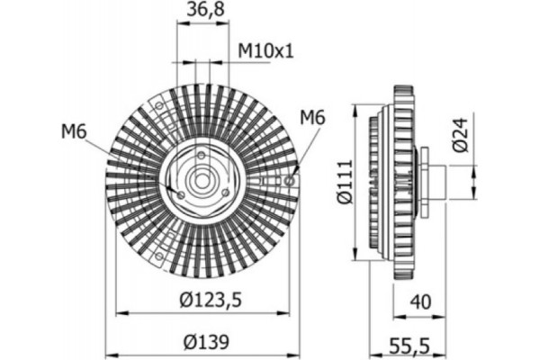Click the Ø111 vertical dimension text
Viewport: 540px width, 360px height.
point(343,184)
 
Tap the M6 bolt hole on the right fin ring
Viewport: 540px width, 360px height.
point(288,180)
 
